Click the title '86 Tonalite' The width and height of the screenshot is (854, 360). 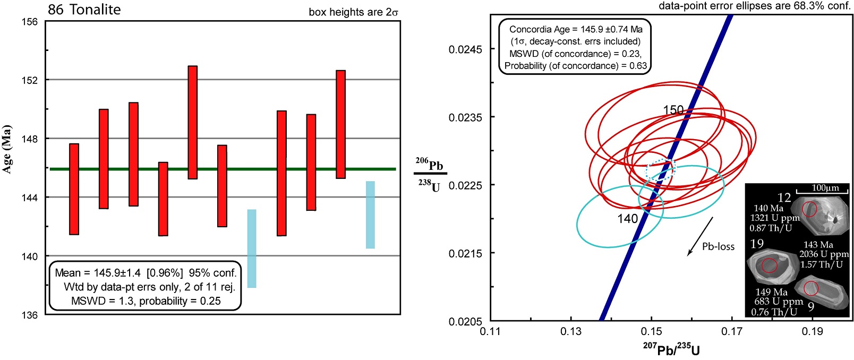84,10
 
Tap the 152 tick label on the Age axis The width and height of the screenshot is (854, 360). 29,80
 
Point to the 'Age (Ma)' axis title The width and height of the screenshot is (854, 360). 7,149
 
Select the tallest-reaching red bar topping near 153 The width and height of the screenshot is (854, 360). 192,122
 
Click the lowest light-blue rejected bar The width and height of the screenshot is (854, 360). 252,248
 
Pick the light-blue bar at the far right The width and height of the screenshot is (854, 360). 370,215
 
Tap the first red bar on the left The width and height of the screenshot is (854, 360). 74,189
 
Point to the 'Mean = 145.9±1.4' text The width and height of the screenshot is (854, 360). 98,273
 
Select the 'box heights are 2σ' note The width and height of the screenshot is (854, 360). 353,12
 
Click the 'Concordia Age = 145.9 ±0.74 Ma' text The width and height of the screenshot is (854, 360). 576,30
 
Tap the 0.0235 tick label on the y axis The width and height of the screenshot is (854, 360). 465,117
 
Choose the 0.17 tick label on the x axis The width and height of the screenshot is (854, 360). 732,332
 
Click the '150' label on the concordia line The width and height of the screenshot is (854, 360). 673,110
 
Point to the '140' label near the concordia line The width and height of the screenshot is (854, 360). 627,219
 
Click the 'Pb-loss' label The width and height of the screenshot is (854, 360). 718,246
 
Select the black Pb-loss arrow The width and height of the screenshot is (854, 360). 700,236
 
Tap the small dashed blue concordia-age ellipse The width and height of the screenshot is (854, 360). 660,169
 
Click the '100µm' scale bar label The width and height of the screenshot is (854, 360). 825,188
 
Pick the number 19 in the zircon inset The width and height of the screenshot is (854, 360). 757,244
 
